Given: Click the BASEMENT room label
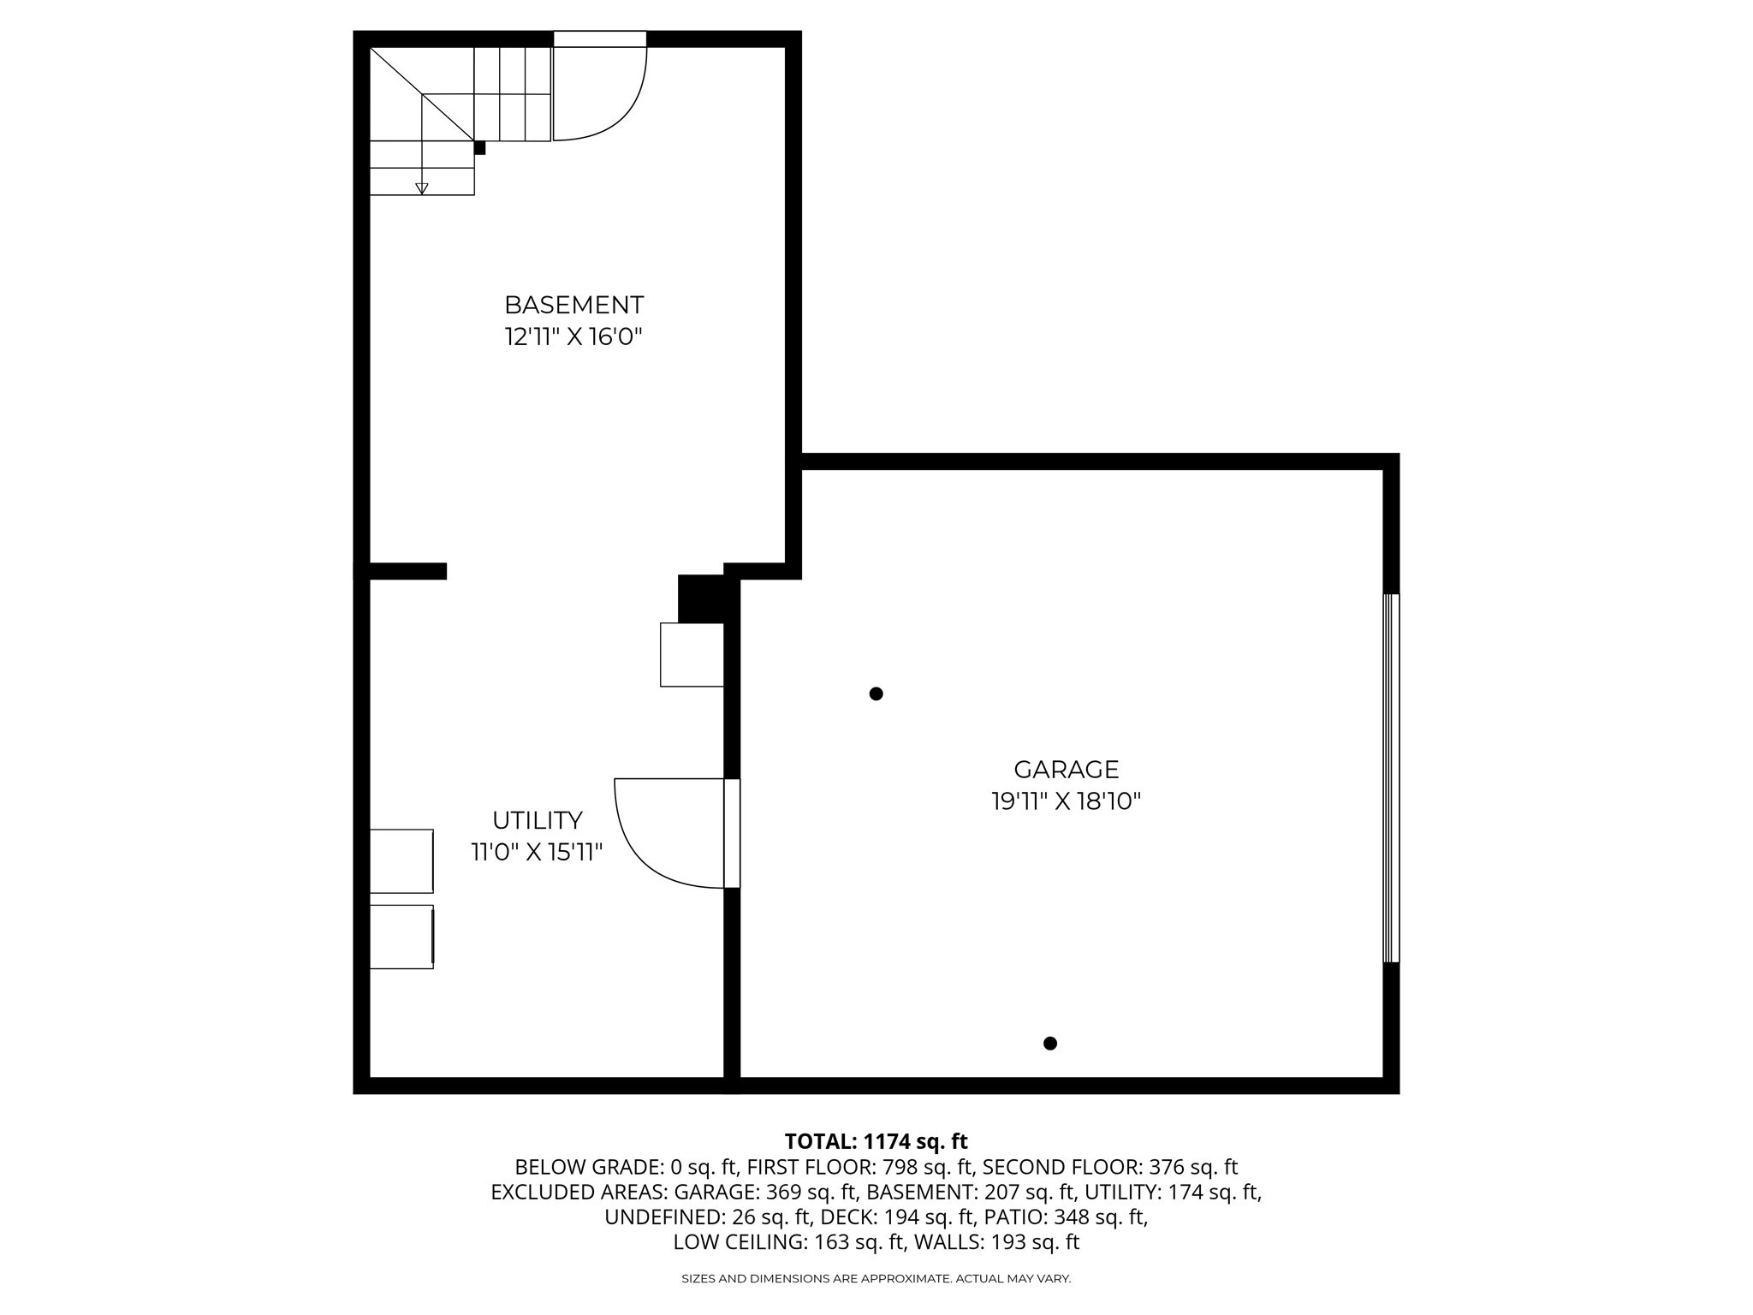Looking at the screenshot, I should (x=573, y=305).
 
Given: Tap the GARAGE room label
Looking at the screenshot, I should (x=1066, y=769).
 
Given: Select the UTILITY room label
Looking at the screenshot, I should (x=537, y=820).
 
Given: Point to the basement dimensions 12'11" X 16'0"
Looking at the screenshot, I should (x=573, y=337).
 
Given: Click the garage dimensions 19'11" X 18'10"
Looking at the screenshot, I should (x=1066, y=801).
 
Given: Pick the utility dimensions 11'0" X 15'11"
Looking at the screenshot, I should (x=537, y=853).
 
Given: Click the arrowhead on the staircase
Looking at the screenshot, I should (x=421, y=188).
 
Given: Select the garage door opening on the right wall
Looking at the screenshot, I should (x=1391, y=778).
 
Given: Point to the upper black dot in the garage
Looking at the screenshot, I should (x=876, y=693).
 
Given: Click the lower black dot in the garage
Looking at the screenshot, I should (x=1050, y=1043).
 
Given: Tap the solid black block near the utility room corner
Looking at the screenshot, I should (x=703, y=598).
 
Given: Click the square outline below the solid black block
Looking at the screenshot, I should (x=692, y=654).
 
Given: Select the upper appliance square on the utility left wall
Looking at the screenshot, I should (x=401, y=860).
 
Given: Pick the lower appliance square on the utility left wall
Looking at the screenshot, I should (x=401, y=937).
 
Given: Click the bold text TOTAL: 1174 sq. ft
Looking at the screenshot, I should (x=876, y=1141).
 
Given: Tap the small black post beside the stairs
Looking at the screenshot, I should (x=479, y=148).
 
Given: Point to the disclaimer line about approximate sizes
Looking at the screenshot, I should (x=876, y=1279).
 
